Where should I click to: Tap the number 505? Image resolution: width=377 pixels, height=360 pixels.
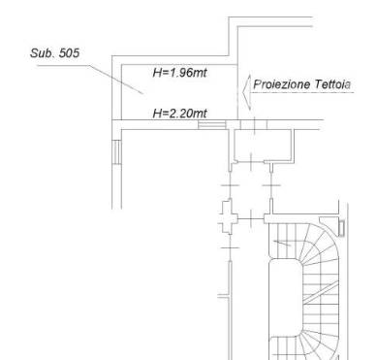(69, 53)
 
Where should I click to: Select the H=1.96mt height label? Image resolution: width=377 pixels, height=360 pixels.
(179, 73)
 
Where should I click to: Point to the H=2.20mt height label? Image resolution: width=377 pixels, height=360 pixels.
(179, 114)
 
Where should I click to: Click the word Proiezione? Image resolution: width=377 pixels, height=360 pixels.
(281, 84)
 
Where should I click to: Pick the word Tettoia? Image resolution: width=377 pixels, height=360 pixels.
(332, 84)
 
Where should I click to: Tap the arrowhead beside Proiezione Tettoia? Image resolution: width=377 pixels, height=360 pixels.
(246, 93)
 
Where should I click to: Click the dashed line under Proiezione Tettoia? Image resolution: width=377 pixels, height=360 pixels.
(302, 93)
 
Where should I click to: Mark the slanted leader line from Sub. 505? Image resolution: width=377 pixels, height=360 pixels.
(116, 80)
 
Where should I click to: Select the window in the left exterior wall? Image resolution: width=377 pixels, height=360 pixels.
(116, 152)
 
